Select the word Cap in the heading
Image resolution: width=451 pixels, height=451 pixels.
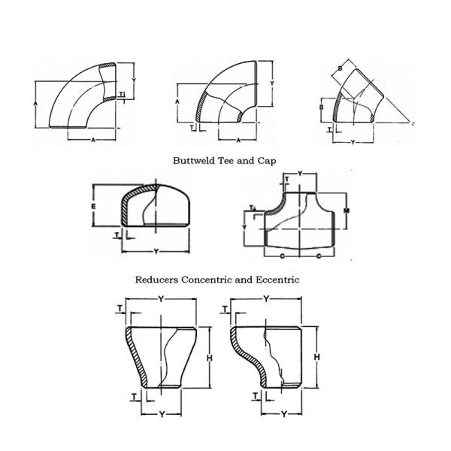click(x=268, y=160)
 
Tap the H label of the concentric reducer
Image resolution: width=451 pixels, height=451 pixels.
click(x=207, y=356)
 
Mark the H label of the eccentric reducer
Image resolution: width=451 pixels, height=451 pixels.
click(x=318, y=356)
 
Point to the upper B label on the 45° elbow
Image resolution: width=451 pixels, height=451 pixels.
click(x=341, y=69)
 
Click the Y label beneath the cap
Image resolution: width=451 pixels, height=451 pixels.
click(x=156, y=251)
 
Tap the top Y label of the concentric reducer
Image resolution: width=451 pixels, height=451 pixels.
click(x=161, y=299)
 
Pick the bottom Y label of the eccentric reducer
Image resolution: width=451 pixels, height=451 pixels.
click(x=285, y=413)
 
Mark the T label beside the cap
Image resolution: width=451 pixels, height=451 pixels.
click(x=117, y=235)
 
